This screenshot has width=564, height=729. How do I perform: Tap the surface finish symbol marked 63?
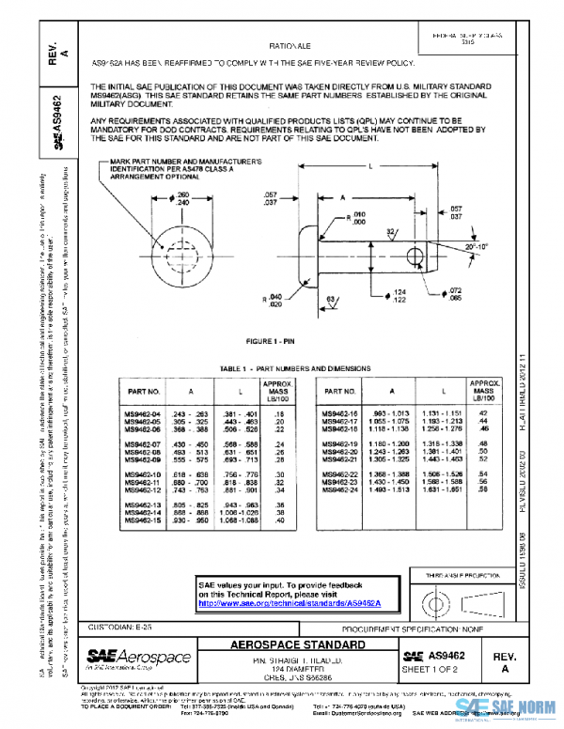coord(331,300)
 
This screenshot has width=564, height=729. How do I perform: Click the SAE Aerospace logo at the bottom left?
coord(138,657)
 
